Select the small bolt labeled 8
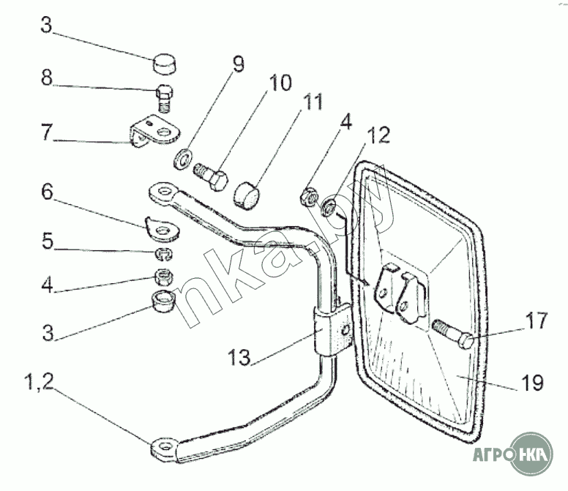(165, 98)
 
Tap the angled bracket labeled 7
(156, 133)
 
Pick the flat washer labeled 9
(183, 157)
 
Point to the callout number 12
(380, 135)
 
